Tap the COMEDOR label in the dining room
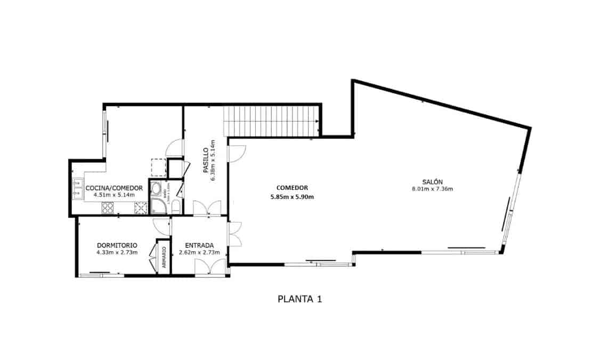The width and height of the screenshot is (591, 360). pos(292,188)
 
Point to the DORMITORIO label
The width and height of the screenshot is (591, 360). pos(117,245)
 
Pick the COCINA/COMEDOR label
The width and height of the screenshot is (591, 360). pos(114,188)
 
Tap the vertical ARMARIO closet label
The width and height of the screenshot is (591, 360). pos(164,257)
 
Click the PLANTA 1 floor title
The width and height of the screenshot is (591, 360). pos(299,299)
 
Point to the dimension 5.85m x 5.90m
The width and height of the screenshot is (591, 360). pos(292,197)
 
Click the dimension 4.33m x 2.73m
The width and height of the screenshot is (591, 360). pos(117,252)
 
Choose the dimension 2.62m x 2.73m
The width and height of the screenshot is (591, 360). pos(199,252)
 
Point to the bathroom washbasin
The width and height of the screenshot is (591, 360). pos(156,188)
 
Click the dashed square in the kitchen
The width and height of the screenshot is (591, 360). pos(158,167)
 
